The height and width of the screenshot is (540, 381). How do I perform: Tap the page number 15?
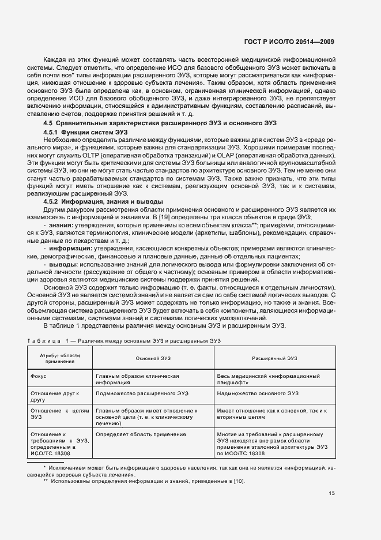click(x=331, y=493)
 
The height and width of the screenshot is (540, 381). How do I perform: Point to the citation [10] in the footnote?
click(x=237, y=482)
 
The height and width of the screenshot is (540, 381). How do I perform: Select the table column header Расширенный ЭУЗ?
click(x=274, y=358)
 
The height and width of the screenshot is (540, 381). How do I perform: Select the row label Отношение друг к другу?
click(x=54, y=396)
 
